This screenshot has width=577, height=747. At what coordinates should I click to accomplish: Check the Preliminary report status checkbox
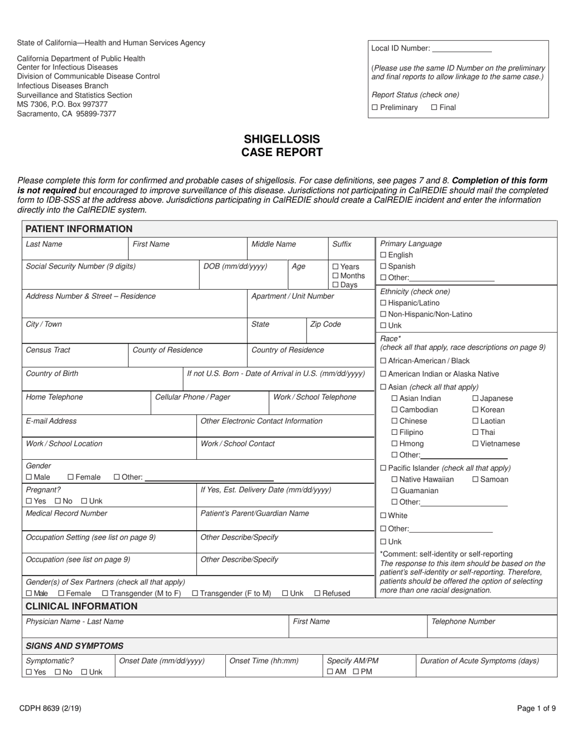point(375,107)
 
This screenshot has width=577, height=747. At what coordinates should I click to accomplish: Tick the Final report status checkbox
point(434,107)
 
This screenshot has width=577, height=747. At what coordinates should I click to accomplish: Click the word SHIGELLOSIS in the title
point(282,139)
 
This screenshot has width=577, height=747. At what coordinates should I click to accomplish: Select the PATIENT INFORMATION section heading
point(79,229)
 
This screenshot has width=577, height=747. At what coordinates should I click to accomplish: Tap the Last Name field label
point(44,244)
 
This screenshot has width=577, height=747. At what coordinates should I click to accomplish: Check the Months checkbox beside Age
point(336,276)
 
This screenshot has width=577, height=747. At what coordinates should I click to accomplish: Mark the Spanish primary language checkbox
point(383,267)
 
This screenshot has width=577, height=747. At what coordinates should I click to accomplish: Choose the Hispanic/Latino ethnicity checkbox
point(383,303)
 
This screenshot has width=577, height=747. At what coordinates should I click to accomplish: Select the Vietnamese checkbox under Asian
point(476,444)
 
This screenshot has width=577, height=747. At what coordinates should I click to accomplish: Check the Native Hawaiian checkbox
point(395,480)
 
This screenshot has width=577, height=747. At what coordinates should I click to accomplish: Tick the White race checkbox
point(383,516)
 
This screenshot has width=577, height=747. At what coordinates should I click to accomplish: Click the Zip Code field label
point(326,324)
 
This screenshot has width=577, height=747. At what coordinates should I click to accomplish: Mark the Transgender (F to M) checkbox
point(195,593)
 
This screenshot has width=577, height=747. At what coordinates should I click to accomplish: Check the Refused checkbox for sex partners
point(317,593)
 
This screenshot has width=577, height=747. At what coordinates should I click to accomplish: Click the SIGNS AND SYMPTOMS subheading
point(75,646)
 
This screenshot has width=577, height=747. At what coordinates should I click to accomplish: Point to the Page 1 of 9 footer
point(536,708)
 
